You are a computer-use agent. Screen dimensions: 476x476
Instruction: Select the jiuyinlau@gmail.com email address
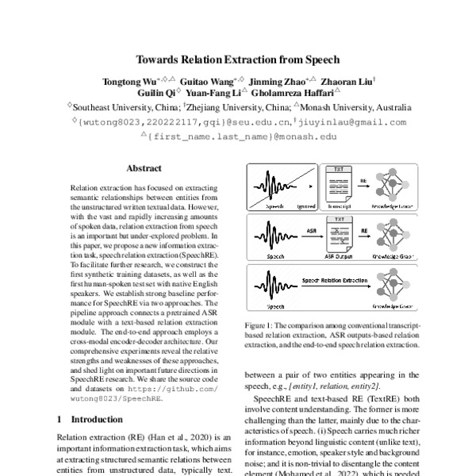(352, 122)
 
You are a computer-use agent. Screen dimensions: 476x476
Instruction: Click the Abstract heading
(144, 168)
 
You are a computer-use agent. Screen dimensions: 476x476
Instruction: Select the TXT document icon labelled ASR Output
(336, 232)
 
